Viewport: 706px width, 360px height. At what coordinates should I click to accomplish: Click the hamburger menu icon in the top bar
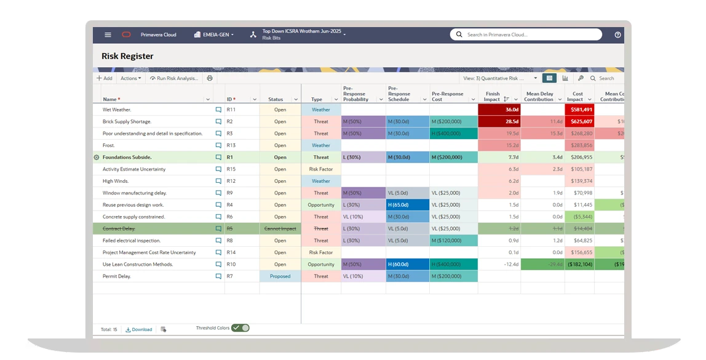(108, 35)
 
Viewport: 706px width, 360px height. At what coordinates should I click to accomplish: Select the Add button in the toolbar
(104, 79)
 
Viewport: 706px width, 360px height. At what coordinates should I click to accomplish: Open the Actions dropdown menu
(130, 79)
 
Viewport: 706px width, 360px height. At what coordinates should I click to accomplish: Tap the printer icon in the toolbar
(210, 79)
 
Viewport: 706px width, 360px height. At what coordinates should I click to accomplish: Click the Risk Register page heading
(127, 57)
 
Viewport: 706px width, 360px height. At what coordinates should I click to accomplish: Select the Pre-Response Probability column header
(356, 94)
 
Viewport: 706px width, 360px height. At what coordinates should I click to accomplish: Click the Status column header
(276, 99)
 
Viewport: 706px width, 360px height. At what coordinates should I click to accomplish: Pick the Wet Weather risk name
(117, 110)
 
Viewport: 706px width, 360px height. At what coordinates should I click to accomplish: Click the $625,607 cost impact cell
(579, 122)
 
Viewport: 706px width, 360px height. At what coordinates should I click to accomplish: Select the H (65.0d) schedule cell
(407, 205)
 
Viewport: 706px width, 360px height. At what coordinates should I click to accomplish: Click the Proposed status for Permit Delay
(280, 276)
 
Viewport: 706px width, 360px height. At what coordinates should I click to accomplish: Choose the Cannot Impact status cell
(280, 229)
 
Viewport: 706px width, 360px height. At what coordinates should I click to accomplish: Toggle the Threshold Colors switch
(240, 329)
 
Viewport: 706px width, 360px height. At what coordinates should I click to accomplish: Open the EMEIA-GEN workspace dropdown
(214, 35)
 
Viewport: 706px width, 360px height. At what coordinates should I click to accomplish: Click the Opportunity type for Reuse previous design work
(321, 205)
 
